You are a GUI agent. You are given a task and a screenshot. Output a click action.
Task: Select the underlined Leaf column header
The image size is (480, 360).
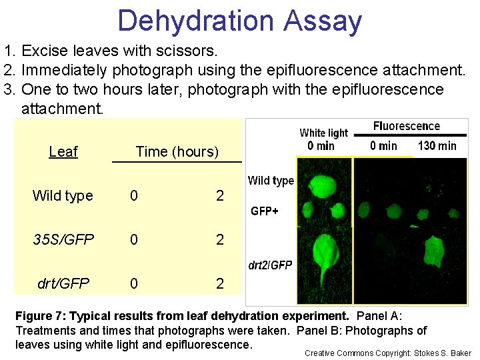coord(63,152)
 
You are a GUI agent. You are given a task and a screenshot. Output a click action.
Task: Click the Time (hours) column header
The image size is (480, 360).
coord(177,152)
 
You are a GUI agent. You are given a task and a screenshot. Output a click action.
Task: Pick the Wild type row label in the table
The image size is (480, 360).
coord(63,196)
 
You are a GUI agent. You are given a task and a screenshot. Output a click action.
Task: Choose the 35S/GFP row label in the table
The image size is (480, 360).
coord(63,240)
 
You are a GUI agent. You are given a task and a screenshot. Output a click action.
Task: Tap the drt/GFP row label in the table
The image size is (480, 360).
coord(63,284)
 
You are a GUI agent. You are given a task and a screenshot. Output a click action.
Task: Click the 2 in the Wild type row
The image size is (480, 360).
coord(220,196)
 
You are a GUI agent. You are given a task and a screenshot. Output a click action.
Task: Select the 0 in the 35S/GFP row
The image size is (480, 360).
coord(134,240)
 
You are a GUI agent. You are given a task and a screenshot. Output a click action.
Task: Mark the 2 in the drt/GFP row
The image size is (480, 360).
coord(220,284)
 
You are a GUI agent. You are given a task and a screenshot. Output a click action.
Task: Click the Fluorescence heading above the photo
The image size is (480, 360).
coord(407,126)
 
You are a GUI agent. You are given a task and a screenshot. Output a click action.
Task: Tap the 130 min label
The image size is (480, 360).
coord(437,145)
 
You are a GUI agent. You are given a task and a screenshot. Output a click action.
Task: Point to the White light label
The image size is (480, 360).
coord(323,133)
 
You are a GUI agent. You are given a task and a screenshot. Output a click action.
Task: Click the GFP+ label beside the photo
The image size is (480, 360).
coord(265,211)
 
